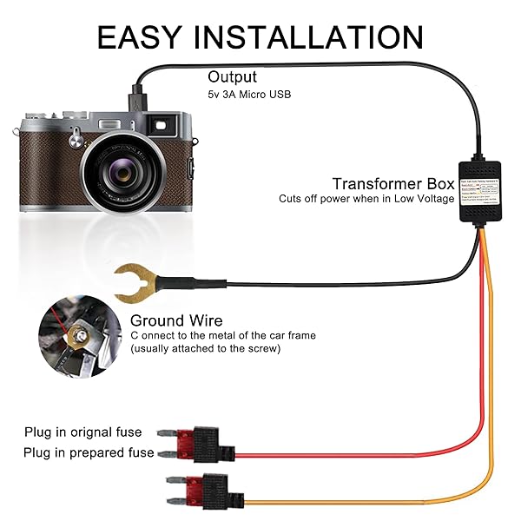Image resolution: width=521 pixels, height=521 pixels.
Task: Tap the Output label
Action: pos(232,77)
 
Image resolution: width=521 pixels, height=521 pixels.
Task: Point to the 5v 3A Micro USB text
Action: pos(249,94)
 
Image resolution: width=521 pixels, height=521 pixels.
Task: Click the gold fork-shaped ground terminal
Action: pos(131,282)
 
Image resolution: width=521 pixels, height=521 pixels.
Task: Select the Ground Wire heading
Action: pos(176,321)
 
